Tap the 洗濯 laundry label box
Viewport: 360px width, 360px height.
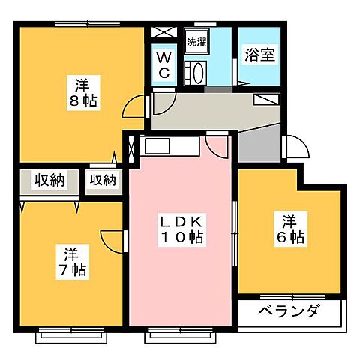click(196, 43)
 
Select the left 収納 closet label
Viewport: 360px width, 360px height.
click(47, 180)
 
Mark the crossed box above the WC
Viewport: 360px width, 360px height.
click(163, 34)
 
